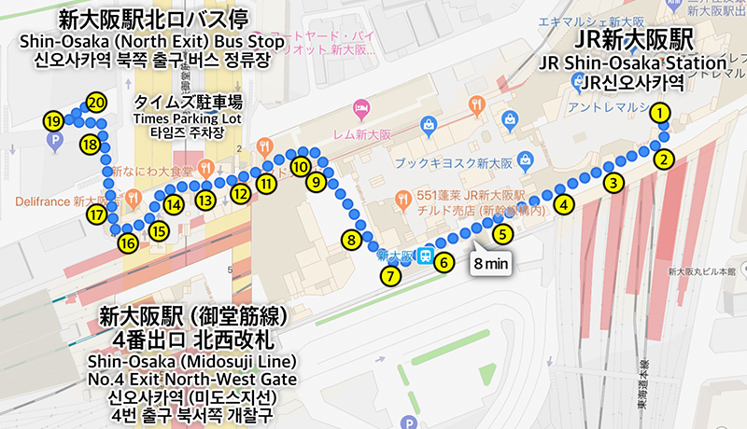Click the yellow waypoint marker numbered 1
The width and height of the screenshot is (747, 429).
tap(661, 114)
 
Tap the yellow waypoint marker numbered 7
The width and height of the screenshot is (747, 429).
tap(390, 275)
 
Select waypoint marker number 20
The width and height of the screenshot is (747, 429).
tap(94, 104)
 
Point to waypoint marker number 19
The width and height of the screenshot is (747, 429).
tap(53, 121)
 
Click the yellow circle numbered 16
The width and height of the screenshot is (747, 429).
tap(127, 243)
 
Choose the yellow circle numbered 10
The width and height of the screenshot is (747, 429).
tap(299, 166)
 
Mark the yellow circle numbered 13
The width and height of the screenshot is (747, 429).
tap(205, 198)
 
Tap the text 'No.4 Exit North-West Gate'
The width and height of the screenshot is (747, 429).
tap(190, 378)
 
